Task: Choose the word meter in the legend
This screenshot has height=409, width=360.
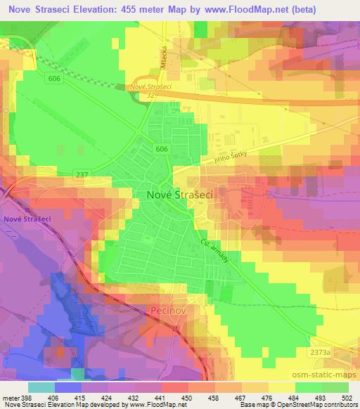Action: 8,398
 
